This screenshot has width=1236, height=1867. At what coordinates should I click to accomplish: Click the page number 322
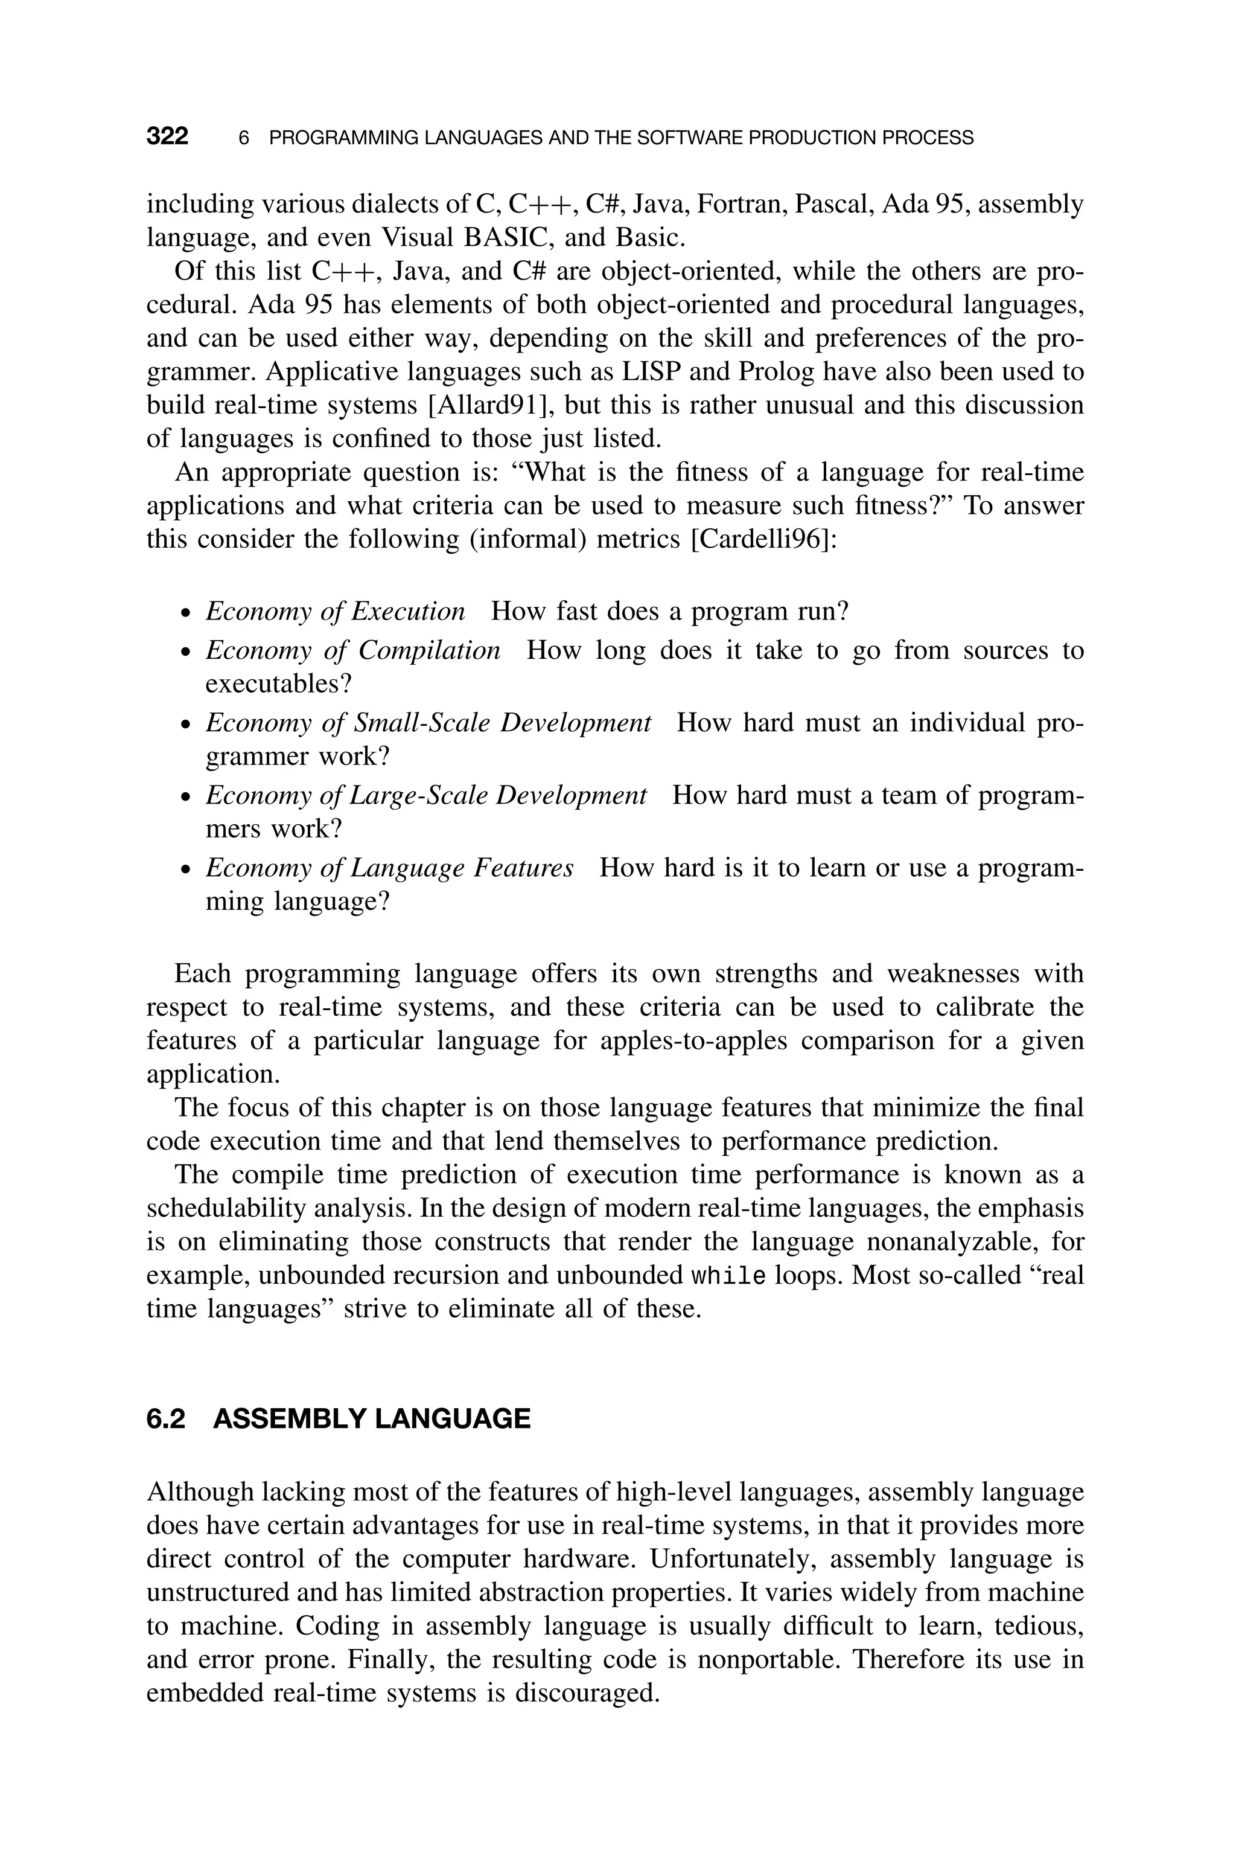click(167, 137)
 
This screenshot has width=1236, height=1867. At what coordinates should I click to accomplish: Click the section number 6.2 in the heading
click(165, 1419)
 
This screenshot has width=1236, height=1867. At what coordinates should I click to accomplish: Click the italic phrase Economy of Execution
click(335, 611)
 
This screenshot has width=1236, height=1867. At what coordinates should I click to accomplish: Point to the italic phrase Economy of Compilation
click(352, 650)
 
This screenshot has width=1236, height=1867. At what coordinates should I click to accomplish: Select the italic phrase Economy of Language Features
click(389, 868)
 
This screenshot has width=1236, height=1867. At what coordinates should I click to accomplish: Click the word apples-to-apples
click(693, 1041)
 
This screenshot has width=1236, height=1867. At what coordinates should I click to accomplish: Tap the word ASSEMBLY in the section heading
click(288, 1419)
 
